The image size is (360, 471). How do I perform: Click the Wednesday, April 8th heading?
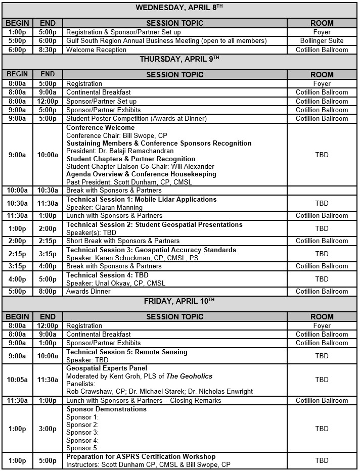(x=179, y=7)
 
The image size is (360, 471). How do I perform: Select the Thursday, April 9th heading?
(x=179, y=59)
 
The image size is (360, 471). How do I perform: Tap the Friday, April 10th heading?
(x=179, y=301)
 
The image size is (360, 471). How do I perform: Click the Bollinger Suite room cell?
(x=322, y=41)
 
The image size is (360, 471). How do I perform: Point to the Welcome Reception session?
(x=96, y=50)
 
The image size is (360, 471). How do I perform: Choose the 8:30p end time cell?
(x=48, y=50)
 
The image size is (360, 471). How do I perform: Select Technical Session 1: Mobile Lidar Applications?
(x=141, y=200)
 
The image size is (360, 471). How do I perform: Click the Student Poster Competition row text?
(x=136, y=118)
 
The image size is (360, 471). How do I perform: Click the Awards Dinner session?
(x=88, y=291)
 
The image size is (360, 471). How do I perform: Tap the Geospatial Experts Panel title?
(x=107, y=368)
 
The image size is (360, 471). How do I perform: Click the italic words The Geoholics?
(x=190, y=376)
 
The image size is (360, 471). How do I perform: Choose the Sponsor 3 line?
(x=82, y=433)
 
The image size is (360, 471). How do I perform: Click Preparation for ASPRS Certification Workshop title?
(x=141, y=457)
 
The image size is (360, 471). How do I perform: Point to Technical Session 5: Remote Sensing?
(x=126, y=352)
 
